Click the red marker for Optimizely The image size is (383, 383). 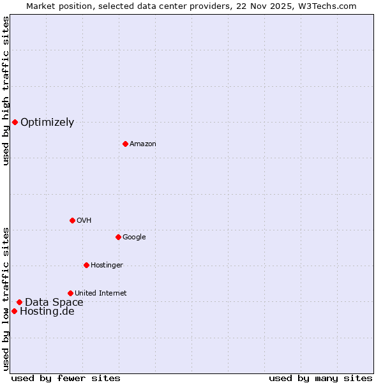coord(15,122)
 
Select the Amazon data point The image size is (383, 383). coord(125,144)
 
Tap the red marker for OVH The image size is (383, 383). coord(72,220)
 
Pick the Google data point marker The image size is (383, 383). coord(118,237)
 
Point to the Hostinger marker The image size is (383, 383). coord(86,265)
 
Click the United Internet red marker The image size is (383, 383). coord(70,293)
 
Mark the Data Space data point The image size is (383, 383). coord(19,302)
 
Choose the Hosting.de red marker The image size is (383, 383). coord(14,311)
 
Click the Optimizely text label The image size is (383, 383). coord(47,123)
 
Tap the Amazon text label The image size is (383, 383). coord(143,144)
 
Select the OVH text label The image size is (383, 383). coord(84,220)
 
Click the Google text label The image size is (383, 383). coord(134,237)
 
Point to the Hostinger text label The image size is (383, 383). coord(107,265)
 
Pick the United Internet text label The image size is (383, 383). coord(100,293)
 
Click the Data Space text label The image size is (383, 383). coord(54,303)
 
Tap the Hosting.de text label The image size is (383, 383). coord(47,312)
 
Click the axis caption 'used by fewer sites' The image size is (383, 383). coord(66,378)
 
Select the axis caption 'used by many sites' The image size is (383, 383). coord(320,378)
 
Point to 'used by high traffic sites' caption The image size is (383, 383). coord(6,91)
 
